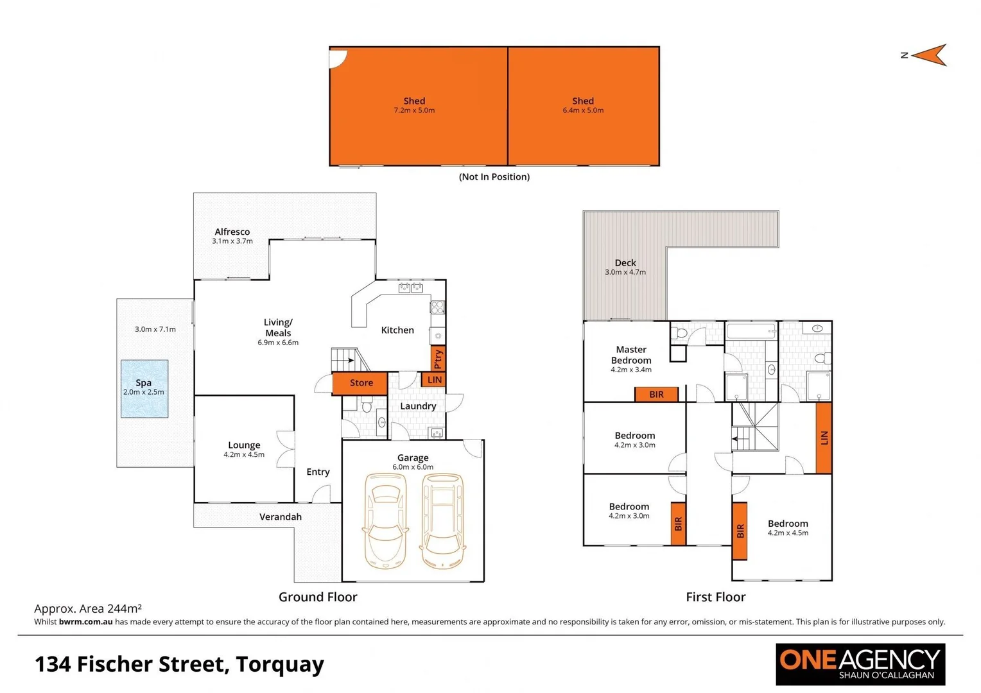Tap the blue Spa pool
[x=144, y=388]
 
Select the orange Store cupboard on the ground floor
[x=360, y=383]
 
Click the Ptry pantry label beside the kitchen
[x=438, y=359]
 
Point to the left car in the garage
[x=385, y=522]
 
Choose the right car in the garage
[x=442, y=522]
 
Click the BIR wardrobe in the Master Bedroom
[x=656, y=394]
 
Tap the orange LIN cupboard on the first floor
[x=824, y=438]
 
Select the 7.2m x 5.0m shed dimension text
[x=414, y=110]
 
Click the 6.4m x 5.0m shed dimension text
[x=583, y=110]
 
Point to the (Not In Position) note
[x=494, y=176]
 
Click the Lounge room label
[x=244, y=445]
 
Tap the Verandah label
[x=280, y=517]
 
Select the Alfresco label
[x=232, y=232]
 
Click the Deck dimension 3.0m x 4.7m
[x=625, y=272]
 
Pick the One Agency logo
[x=860, y=664]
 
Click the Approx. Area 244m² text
[x=88, y=608]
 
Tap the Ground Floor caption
[x=318, y=597]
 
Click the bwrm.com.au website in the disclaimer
[x=85, y=622]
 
